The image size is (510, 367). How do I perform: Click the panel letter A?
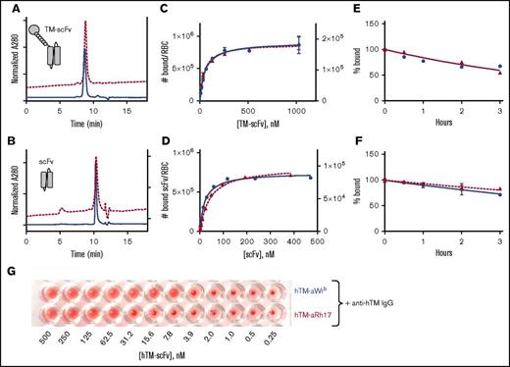[8, 7]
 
